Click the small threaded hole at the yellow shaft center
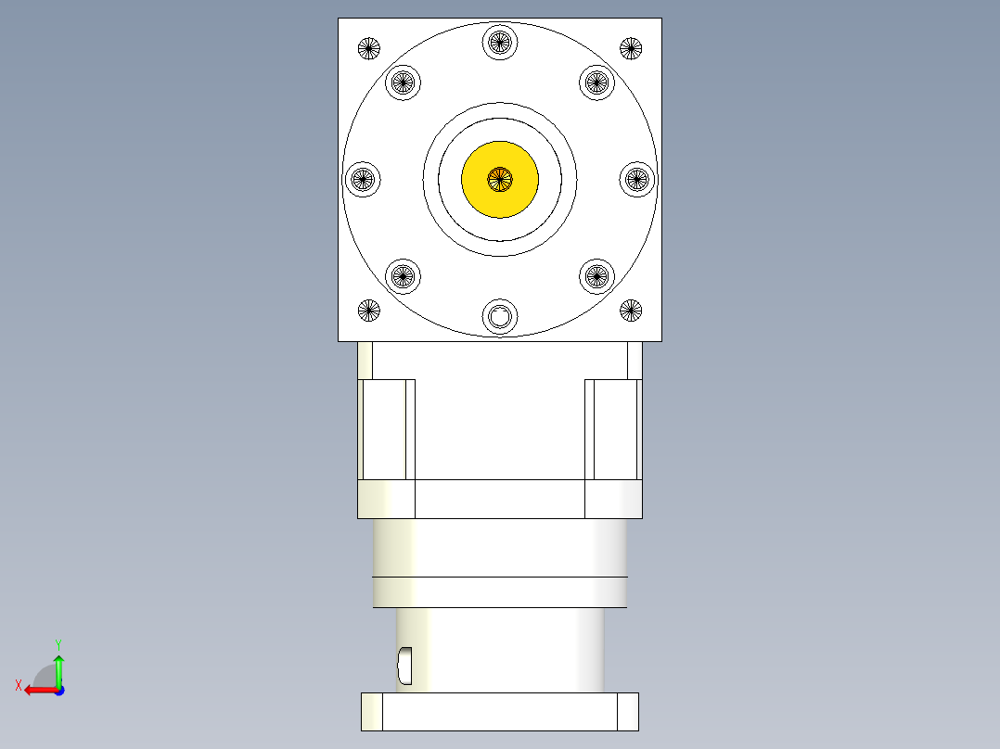(x=500, y=179)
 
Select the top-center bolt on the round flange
(x=500, y=42)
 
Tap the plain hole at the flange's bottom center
(x=500, y=317)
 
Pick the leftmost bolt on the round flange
(x=363, y=179)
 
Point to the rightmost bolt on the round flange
(x=637, y=179)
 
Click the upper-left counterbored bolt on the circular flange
(x=403, y=83)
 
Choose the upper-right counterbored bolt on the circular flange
(x=597, y=83)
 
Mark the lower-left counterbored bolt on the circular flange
(x=403, y=275)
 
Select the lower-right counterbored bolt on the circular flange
(x=597, y=275)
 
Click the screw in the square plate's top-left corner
(x=369, y=48)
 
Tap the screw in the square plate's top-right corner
(x=631, y=48)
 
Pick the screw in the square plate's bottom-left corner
(x=369, y=311)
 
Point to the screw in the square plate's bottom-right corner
(x=631, y=311)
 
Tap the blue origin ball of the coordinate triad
(x=58, y=690)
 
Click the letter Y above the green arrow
(x=58, y=643)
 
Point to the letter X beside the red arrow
(x=18, y=686)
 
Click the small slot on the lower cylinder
(x=404, y=662)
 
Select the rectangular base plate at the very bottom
(x=500, y=711)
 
